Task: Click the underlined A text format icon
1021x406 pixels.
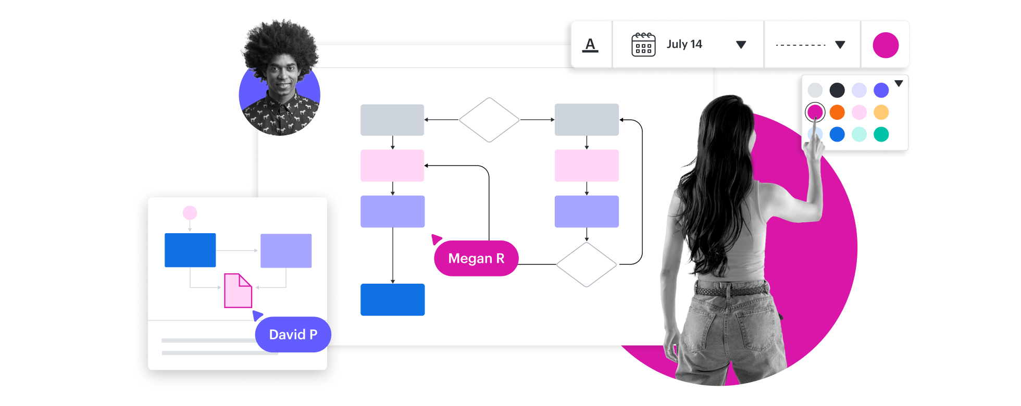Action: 590,45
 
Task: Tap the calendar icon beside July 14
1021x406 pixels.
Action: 643,45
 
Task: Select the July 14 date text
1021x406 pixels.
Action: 684,44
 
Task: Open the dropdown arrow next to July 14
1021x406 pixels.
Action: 741,45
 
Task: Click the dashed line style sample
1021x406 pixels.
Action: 801,45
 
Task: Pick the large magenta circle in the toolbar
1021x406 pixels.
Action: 886,45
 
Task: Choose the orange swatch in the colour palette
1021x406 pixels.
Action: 837,112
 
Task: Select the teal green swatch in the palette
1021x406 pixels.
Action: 881,134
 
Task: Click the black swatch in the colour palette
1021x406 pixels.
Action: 837,90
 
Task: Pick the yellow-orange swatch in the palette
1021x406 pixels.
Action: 881,112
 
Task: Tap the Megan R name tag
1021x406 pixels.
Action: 476,258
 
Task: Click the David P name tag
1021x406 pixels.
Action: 293,334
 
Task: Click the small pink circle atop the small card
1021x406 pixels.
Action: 190,212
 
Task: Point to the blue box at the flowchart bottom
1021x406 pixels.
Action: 392,299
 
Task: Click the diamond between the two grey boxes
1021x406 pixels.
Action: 489,120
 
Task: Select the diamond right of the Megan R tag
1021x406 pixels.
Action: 587,264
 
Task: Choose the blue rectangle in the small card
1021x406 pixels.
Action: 190,250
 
